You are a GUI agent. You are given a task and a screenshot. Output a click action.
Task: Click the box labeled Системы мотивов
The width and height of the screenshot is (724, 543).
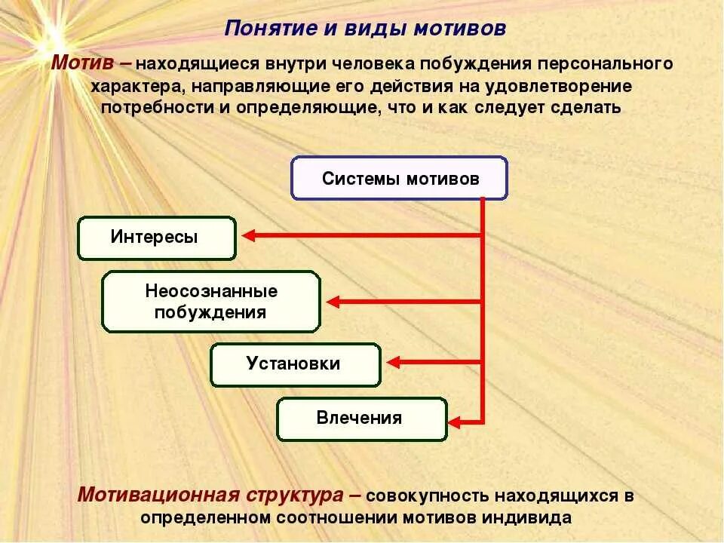pos(400,179)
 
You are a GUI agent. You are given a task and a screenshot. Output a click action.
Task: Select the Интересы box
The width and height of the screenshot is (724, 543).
pos(157,238)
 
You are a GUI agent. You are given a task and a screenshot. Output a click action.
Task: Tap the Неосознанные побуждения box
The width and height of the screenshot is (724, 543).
pos(211,302)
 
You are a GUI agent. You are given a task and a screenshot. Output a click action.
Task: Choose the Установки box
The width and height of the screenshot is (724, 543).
pos(295,364)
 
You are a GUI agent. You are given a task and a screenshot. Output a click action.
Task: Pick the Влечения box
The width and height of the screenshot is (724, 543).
pos(361,419)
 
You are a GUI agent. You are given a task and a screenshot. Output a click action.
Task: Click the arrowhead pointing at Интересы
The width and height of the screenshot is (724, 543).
pos(247,236)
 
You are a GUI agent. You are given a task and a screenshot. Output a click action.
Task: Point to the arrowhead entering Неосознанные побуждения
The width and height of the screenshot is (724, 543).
pos(333,302)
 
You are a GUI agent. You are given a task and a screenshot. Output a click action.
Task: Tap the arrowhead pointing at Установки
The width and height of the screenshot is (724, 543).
pos(393,364)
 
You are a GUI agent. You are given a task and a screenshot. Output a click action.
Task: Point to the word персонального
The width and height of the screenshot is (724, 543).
pos(603,63)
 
